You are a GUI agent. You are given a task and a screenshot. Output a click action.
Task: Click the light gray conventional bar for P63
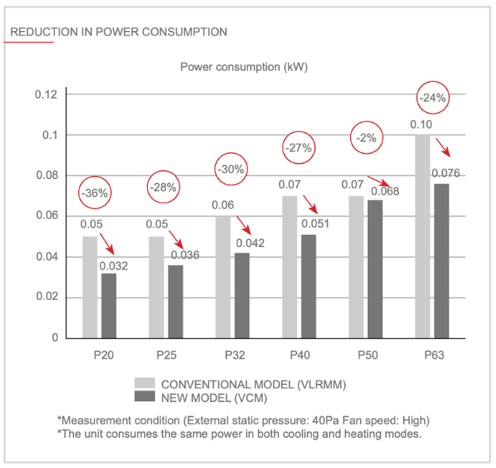[423, 236]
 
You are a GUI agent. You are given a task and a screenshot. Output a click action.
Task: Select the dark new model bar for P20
[109, 305]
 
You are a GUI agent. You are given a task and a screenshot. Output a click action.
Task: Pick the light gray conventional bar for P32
[222, 277]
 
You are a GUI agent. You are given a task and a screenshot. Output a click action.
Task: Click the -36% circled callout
[95, 193]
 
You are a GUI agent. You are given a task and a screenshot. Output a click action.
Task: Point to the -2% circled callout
[367, 138]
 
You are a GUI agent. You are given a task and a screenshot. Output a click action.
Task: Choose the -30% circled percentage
[231, 170]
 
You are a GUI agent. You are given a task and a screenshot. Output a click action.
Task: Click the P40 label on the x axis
[299, 356]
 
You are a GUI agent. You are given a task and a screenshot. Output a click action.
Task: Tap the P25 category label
[166, 356]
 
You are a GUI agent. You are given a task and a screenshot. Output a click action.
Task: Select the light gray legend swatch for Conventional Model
[144, 383]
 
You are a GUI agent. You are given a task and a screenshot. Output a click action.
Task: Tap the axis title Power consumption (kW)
[244, 67]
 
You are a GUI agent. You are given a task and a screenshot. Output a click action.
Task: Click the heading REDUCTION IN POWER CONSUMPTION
[119, 32]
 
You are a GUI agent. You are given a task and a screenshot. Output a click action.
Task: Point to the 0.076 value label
[445, 173]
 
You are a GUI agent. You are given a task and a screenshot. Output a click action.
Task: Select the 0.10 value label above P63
[421, 125]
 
